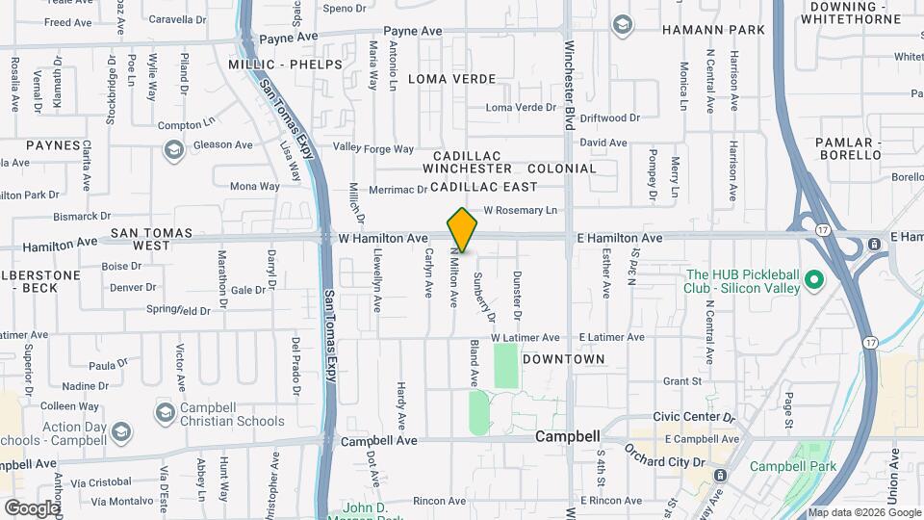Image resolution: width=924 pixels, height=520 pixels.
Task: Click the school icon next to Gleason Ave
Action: point(173,149)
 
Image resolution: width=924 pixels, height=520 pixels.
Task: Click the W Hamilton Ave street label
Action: point(383,238)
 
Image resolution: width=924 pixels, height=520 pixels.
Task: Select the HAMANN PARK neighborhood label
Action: point(713,30)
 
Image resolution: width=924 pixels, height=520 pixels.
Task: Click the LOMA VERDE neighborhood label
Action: point(451,79)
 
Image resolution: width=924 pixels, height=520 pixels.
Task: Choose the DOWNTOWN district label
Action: point(563,359)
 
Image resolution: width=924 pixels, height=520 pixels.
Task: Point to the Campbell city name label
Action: point(568,436)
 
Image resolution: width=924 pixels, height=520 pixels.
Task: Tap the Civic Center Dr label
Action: point(693,418)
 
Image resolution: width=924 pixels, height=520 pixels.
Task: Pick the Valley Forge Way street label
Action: point(372,148)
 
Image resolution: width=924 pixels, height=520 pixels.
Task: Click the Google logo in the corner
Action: point(32,507)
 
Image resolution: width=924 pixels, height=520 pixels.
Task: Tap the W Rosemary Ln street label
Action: point(520,210)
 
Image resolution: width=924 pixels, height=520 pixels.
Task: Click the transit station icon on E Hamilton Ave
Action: point(874,245)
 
